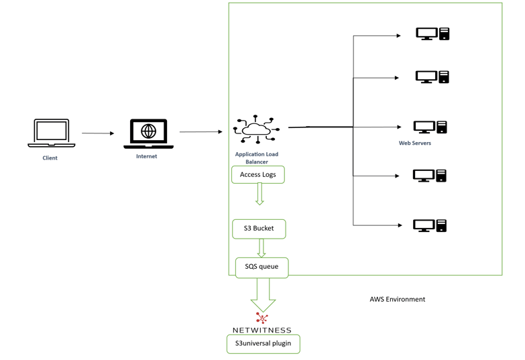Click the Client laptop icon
[x=51, y=133]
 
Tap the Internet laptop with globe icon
[x=148, y=133]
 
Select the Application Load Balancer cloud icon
[x=257, y=129]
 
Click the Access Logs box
[x=258, y=174]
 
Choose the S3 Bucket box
[x=259, y=229]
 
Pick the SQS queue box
[x=261, y=267]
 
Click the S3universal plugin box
[x=263, y=344]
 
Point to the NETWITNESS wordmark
[x=262, y=331]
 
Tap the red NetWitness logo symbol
[x=262, y=318]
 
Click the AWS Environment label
[x=398, y=299]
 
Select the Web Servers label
[x=415, y=143]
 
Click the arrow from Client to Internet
[x=98, y=133]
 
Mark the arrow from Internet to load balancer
[x=201, y=131]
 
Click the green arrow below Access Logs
[x=259, y=194]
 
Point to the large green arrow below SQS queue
[x=263, y=295]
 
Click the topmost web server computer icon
[x=432, y=34]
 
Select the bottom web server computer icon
[x=430, y=225]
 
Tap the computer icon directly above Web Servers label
[x=430, y=127]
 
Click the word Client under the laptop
[x=50, y=158]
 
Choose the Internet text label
[x=147, y=156]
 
